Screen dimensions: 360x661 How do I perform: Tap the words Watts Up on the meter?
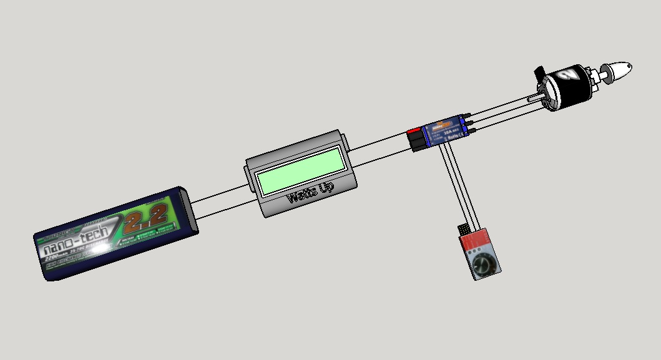coord(310,193)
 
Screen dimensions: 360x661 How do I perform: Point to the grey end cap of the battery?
coord(190,212)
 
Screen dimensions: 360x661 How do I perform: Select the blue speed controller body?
coord(444,133)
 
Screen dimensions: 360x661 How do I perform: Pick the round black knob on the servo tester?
coord(484,266)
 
